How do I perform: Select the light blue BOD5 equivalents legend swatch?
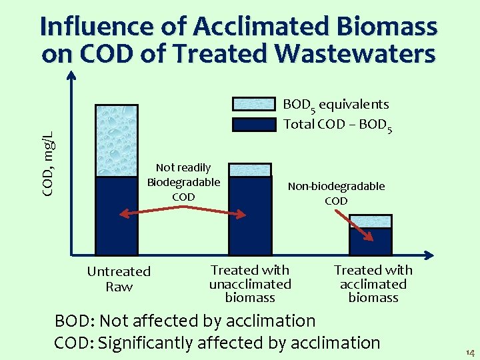point(253,104)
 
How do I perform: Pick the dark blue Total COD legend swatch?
point(253,124)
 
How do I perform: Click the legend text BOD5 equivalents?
point(336,105)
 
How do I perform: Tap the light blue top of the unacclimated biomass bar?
point(250,170)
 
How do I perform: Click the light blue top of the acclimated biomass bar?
point(371,221)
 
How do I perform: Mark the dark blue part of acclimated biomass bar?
point(371,241)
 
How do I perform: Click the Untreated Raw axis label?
point(119,279)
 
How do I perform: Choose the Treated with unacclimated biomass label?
point(250,283)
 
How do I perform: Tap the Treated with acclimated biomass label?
point(373,283)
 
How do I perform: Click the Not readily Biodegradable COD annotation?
point(183,182)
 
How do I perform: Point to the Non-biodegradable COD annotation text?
point(336,193)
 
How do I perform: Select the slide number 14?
point(470,352)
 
